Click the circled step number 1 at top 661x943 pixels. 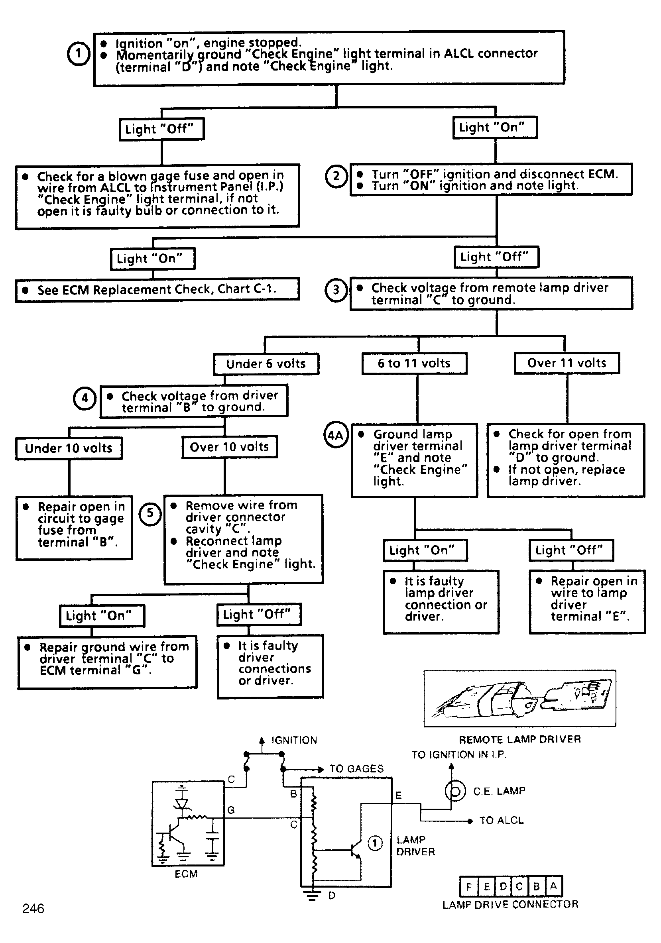79,54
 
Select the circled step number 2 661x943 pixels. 336,176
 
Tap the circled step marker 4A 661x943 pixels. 336,435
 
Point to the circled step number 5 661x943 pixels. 150,513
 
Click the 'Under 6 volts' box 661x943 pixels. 266,364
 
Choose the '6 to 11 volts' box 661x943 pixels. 414,363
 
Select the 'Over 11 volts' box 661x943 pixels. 567,363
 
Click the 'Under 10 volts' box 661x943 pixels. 69,448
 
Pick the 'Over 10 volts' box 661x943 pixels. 229,447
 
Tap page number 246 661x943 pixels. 33,908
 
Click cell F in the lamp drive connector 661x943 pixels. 469,886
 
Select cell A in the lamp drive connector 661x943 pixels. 553,886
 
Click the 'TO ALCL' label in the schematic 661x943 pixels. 501,821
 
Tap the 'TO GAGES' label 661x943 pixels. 356,769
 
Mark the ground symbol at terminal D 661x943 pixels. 313,894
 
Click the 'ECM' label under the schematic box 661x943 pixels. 186,874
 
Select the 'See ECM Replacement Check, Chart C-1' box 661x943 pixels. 157,289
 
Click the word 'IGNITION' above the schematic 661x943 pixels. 294,740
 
